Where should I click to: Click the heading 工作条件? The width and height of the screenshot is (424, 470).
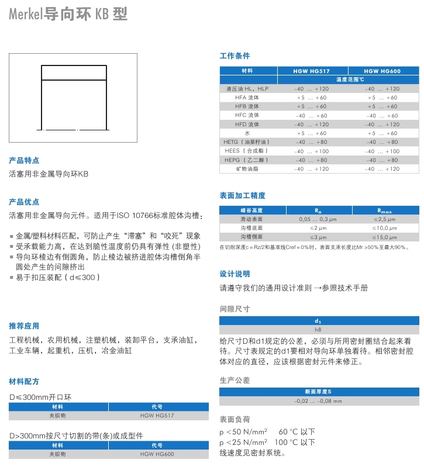[235, 56]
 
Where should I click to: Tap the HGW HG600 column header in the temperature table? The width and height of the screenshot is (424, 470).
[382, 71]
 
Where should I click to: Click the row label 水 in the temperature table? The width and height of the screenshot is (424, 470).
[247, 133]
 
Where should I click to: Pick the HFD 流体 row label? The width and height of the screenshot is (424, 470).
[247, 125]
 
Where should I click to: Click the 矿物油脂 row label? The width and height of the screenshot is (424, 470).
[247, 169]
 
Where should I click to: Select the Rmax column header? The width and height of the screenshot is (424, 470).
[382, 210]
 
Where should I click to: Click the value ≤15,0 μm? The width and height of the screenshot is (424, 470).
[382, 237]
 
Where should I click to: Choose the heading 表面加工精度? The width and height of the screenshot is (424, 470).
[242, 196]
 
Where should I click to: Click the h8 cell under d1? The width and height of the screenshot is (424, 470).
[318, 330]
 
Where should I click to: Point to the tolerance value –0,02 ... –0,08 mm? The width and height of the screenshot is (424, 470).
[319, 401]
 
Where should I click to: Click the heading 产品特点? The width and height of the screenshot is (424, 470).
[24, 160]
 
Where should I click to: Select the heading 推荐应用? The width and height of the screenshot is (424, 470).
[24, 326]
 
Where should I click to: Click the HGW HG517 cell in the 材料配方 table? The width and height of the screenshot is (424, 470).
[157, 416]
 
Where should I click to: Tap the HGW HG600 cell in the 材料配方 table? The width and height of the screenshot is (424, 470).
[157, 454]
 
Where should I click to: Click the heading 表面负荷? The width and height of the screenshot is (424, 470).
[235, 419]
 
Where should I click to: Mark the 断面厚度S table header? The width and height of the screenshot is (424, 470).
[319, 391]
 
